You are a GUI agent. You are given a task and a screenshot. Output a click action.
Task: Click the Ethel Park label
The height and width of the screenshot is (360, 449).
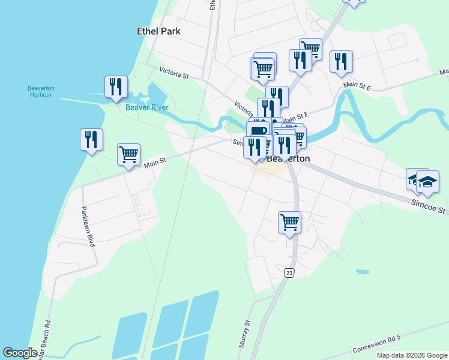click(x=158, y=31)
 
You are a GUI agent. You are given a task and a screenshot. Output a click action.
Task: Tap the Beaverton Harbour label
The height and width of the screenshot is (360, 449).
click(x=41, y=91)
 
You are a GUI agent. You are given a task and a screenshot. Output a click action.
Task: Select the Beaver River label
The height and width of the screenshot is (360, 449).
click(x=146, y=108)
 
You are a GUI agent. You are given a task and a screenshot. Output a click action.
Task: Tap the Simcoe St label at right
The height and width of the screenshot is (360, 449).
click(x=429, y=208)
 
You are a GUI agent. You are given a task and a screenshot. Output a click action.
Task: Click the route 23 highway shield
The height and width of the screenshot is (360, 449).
click(x=290, y=273)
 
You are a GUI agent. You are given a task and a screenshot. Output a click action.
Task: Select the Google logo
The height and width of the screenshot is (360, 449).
click(x=20, y=353)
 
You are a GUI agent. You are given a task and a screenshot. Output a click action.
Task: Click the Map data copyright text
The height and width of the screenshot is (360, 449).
click(x=411, y=355)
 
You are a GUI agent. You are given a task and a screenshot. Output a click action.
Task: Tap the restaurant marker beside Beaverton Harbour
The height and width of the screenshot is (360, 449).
click(x=116, y=86)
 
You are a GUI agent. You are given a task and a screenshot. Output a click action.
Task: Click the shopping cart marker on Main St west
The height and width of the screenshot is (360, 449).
click(x=128, y=155)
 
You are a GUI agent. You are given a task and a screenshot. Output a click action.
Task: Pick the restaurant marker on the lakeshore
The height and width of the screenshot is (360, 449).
click(x=91, y=139)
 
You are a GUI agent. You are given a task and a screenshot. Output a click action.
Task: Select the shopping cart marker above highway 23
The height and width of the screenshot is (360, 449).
click(x=289, y=222)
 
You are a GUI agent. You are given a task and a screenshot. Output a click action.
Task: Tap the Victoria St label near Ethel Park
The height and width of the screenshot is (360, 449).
click(x=174, y=75)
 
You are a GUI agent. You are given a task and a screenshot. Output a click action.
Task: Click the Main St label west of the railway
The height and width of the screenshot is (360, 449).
click(x=154, y=160)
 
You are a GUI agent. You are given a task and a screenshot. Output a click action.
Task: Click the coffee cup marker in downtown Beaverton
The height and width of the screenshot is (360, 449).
click(x=258, y=131)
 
